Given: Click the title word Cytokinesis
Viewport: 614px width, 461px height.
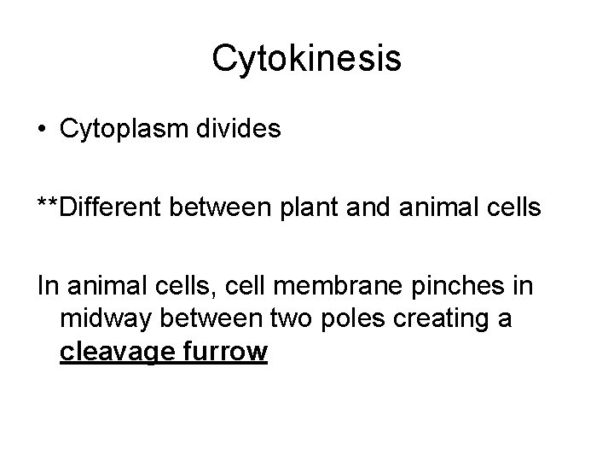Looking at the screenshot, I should [306, 59].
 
